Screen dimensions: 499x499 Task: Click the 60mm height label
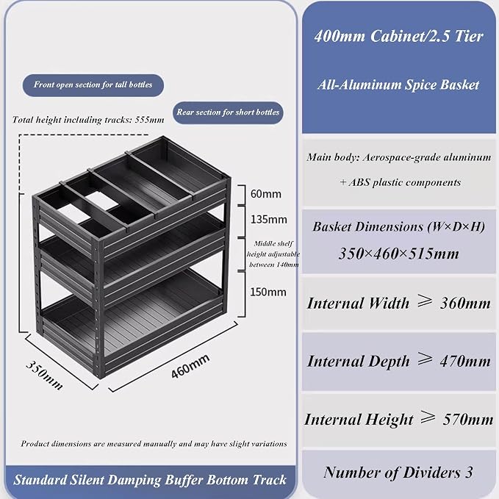[x=266, y=194]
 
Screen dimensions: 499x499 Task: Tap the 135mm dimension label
[x=268, y=219]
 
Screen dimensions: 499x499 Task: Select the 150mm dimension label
[x=268, y=292]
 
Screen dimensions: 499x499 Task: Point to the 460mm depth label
[x=190, y=366]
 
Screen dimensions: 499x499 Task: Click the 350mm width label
[x=44, y=375]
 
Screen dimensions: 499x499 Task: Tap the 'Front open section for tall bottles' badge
[x=93, y=85]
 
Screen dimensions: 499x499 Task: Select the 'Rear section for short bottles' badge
[x=228, y=112]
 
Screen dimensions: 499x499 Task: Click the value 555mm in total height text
[x=149, y=120]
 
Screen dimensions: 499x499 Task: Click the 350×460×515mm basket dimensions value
[x=399, y=254]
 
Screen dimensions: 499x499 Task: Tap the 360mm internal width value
[x=465, y=304]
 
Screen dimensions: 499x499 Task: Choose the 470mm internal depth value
[x=465, y=362]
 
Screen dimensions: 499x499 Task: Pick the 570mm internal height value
[x=468, y=420]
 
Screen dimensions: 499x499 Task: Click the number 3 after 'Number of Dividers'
[x=469, y=473]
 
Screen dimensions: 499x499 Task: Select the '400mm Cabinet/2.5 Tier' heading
[x=399, y=36]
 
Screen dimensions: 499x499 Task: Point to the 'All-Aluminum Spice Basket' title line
[x=398, y=85]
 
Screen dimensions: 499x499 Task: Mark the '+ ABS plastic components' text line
[x=400, y=182]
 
